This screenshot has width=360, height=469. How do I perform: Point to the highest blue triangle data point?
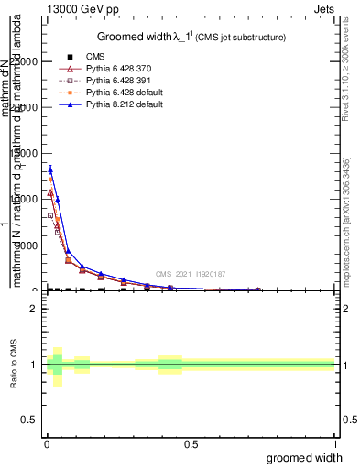click(50, 169)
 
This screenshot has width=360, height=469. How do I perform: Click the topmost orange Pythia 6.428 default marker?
click(50, 180)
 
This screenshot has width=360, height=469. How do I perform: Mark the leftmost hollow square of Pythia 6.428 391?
click(50, 216)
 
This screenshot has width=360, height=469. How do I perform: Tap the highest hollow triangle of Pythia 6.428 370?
click(50, 192)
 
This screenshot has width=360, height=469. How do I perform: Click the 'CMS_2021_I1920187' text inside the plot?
click(190, 273)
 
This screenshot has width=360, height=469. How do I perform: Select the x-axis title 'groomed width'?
click(305, 457)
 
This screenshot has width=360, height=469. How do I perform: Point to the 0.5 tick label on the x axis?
click(190, 444)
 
